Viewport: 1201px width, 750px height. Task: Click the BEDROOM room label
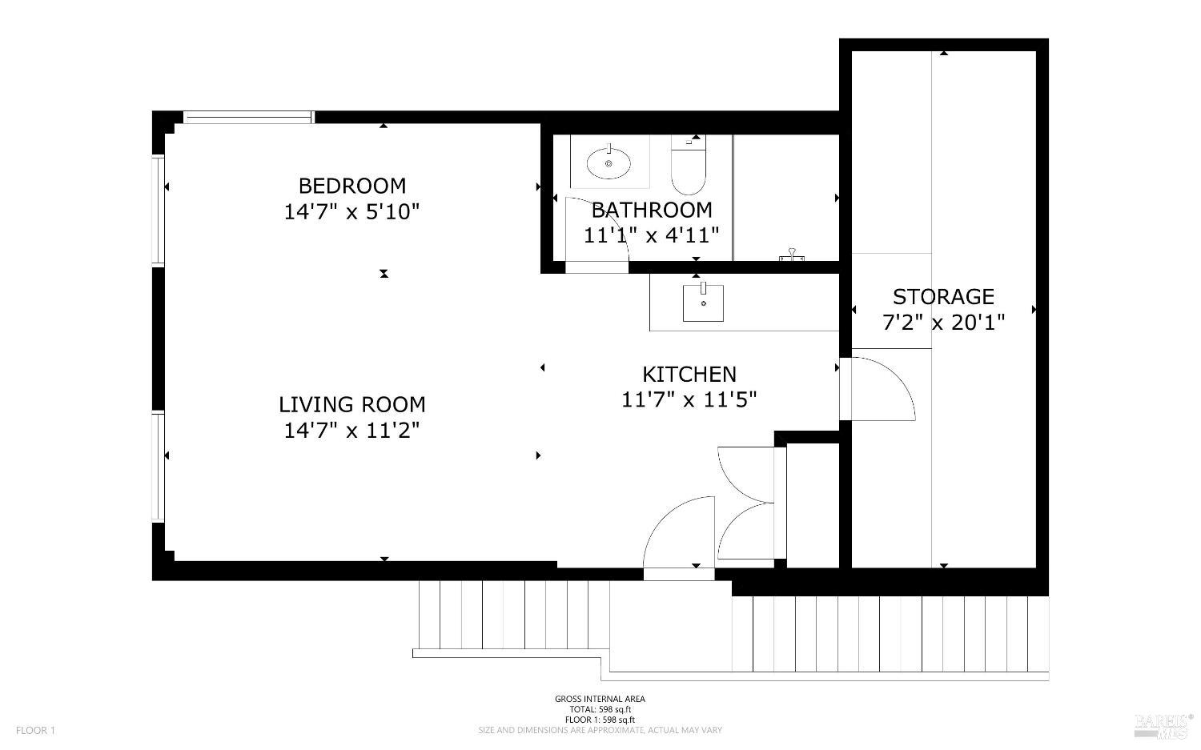click(x=351, y=186)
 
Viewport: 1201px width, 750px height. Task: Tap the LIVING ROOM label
click(x=351, y=405)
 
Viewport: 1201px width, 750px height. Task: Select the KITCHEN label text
click(x=689, y=375)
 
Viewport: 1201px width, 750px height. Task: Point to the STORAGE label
click(x=943, y=296)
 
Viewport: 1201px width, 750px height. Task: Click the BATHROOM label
click(x=652, y=211)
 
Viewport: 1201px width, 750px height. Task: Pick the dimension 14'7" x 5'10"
click(x=351, y=212)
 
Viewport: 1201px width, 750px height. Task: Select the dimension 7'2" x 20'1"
click(x=943, y=323)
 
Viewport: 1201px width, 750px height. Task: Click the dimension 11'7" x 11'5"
click(x=689, y=400)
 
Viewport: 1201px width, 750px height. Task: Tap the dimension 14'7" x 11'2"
click(x=351, y=430)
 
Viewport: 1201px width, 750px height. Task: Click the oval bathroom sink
click(x=609, y=163)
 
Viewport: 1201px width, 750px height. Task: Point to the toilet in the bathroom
click(x=689, y=165)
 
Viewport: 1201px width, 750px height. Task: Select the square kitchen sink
click(x=703, y=303)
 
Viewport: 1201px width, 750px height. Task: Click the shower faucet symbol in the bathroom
click(x=791, y=255)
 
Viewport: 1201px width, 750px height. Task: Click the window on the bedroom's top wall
click(x=248, y=117)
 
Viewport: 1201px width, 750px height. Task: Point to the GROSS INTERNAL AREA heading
click(x=600, y=699)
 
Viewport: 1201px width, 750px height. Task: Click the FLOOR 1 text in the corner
click(x=35, y=730)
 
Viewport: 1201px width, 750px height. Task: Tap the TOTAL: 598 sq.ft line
click(x=600, y=710)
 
